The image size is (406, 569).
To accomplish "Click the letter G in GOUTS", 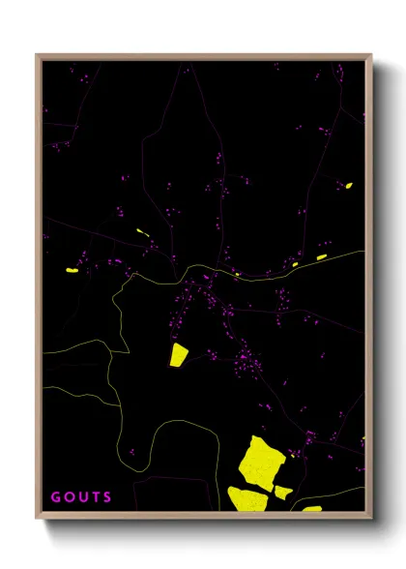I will (55, 497).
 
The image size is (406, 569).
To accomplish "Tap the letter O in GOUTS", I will (70, 497).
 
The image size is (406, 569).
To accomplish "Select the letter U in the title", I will (83, 497).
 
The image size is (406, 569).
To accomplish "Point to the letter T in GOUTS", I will (97, 497).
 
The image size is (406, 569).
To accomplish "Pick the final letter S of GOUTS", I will (109, 497).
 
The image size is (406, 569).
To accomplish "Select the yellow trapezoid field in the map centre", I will (179, 354).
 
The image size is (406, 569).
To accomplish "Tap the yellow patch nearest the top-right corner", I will (348, 185).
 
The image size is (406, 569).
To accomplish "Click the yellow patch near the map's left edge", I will (72, 271).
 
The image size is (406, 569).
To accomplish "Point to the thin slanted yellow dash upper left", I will (142, 231).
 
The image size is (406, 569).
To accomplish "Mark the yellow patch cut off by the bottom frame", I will (311, 508).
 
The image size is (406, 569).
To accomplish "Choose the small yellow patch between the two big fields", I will (283, 492).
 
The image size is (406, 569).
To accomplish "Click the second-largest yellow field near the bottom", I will (248, 499).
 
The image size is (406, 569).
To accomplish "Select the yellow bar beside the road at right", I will (321, 257).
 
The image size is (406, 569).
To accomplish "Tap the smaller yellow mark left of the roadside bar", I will (294, 263).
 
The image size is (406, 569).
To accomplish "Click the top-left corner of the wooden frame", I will (37, 55).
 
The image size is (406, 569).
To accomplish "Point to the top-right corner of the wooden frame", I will (371, 55).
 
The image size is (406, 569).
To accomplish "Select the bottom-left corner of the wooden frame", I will (37, 518).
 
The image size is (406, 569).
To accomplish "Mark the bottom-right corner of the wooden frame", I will (371, 518).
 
